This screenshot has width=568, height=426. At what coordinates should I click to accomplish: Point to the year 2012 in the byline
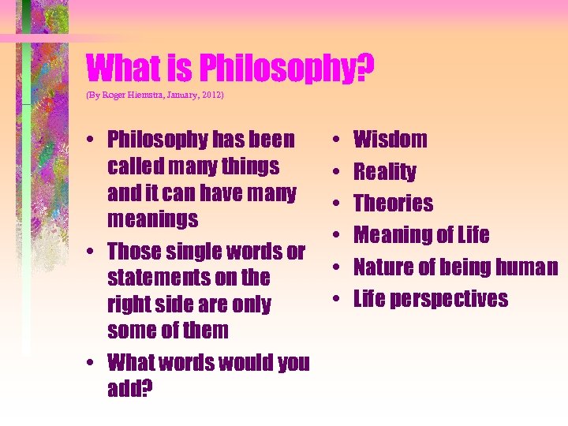coord(211,95)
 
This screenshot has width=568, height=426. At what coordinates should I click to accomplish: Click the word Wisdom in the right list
coord(390,140)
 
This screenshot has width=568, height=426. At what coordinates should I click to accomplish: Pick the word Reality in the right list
coord(384,172)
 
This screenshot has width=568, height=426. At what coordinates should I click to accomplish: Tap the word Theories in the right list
coord(393,204)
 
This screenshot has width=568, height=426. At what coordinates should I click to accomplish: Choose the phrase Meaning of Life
coord(421,235)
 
